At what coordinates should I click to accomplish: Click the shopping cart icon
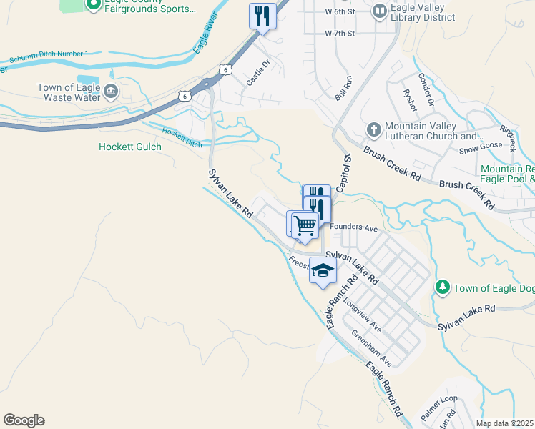(305, 225)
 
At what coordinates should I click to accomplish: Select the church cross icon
(373, 130)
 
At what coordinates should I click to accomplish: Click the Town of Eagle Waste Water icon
(111, 91)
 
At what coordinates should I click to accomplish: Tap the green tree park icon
(443, 287)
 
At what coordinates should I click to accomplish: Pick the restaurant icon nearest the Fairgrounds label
(262, 15)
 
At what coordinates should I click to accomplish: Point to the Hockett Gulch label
(130, 147)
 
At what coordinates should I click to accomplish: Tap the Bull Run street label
(343, 87)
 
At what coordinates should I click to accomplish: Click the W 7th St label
(340, 34)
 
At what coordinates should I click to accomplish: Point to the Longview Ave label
(363, 314)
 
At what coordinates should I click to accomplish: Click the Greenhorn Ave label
(371, 348)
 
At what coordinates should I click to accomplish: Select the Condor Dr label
(426, 90)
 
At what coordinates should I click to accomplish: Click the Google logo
(24, 420)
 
